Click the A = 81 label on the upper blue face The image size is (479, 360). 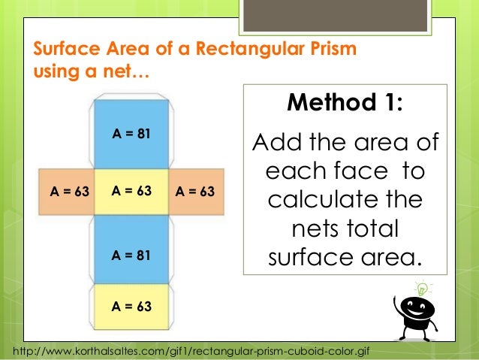[x=131, y=135]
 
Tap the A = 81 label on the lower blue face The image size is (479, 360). [x=131, y=256]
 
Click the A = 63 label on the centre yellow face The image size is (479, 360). [x=131, y=191]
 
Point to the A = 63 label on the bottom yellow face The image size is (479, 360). [x=131, y=307]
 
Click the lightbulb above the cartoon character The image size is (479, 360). [x=421, y=288]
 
